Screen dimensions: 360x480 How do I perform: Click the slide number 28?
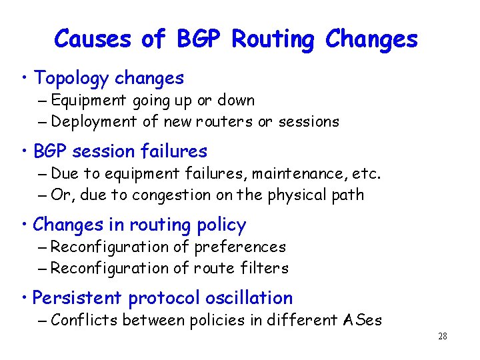tap(442, 336)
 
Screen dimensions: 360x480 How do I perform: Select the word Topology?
tap(71, 79)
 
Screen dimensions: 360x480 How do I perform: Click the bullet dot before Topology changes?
tap(24, 78)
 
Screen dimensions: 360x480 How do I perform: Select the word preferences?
tap(240, 247)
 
